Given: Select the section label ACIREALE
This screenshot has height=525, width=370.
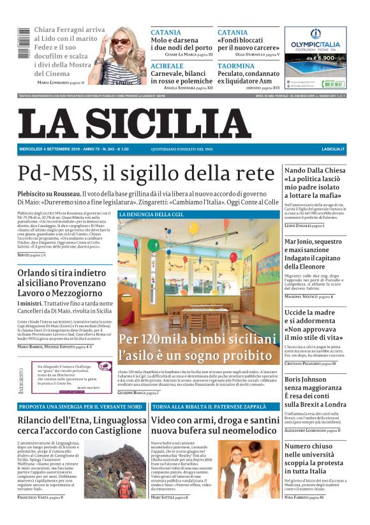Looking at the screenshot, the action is (166, 66).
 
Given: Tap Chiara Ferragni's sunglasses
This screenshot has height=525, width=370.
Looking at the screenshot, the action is (120, 41).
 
